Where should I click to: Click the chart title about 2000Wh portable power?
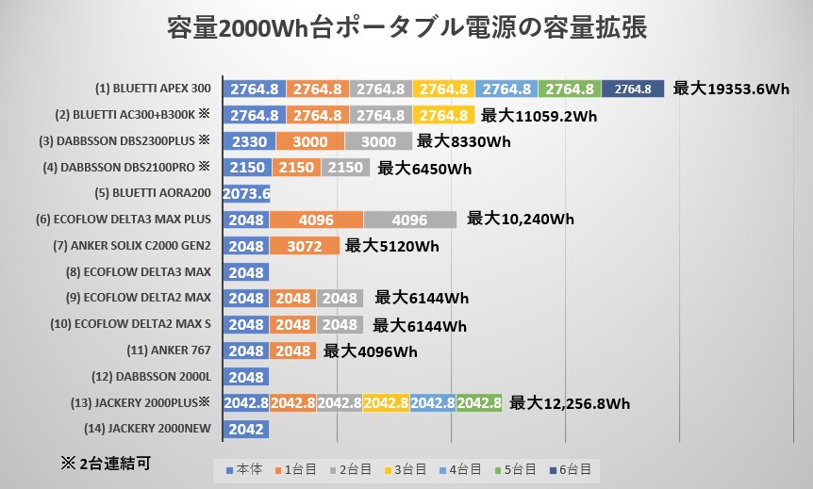(406, 27)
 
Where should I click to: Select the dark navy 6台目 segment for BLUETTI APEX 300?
(633, 90)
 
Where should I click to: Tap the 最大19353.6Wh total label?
(731, 90)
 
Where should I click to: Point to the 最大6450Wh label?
(423, 169)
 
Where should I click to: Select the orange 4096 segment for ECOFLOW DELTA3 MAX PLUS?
(316, 220)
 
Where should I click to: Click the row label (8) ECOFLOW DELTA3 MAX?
(155, 272)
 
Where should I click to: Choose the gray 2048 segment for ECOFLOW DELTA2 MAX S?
(340, 325)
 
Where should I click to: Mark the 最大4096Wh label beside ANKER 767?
(370, 351)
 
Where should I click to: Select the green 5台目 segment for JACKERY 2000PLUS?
(479, 403)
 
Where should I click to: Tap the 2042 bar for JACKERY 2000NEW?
(246, 430)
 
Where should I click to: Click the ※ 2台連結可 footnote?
(105, 463)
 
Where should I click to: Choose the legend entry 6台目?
(571, 468)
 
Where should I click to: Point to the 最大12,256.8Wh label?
(570, 403)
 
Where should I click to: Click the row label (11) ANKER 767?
(168, 350)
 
